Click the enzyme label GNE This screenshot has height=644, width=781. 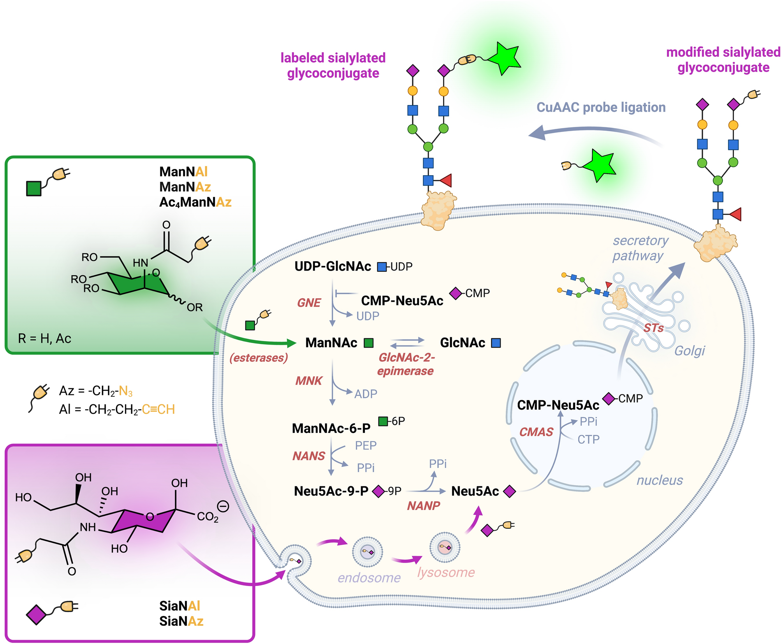tap(309, 303)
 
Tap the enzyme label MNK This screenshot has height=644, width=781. tap(309, 380)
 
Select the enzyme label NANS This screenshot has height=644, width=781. tap(309, 456)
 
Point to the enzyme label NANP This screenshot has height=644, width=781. tap(423, 505)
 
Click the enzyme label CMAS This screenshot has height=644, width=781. tap(536, 432)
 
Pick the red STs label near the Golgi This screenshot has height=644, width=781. tap(653, 328)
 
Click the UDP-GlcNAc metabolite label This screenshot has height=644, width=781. tap(332, 266)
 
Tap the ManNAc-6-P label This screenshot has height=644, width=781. tap(331, 428)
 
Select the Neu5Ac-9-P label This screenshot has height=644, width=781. tap(331, 491)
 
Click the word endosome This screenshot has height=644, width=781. tap(369, 577)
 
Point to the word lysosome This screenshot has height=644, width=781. tap(446, 572)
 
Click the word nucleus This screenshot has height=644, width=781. tap(659, 480)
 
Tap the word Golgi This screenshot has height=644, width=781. tap(689, 350)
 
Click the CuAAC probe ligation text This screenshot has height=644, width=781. tap(601, 107)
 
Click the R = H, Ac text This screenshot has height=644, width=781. tap(44, 338)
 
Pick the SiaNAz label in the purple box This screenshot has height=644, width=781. tap(181, 621)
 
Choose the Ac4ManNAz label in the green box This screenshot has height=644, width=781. tap(195, 202)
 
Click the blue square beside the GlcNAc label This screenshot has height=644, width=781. tap(496, 343)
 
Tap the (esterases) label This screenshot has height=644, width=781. tap(259, 357)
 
